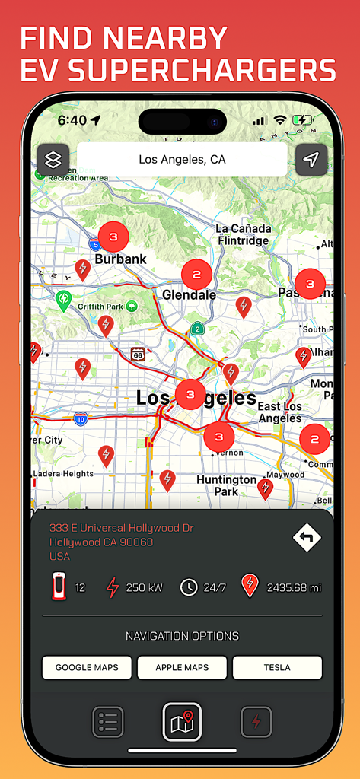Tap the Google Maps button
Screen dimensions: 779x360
coord(86,667)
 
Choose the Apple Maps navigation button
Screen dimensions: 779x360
coord(182,667)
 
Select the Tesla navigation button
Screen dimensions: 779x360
coord(277,667)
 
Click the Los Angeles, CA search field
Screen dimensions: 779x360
coord(182,160)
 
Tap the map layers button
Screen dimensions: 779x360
coord(53,160)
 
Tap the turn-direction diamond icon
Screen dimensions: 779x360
coord(307,538)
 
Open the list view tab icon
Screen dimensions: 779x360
coord(108,722)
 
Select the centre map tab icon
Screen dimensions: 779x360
coord(182,721)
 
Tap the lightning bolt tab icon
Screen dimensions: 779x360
coord(256,722)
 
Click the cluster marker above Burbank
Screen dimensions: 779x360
coord(113,237)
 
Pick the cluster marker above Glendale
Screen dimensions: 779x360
coord(196,274)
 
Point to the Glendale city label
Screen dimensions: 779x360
coord(190,295)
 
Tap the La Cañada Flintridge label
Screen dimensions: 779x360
coord(242,234)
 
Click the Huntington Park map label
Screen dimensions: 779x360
coord(226,485)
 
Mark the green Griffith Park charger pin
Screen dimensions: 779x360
coord(64,299)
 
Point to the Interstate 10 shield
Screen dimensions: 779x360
coord(81,418)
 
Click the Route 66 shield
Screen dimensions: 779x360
coord(137,354)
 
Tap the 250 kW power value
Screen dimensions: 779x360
coord(145,587)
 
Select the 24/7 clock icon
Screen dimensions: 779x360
coord(189,587)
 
